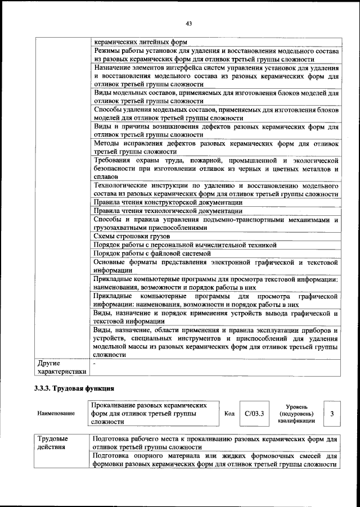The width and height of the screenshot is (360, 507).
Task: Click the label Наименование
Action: (56, 414)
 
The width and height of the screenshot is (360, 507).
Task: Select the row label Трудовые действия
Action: (53, 442)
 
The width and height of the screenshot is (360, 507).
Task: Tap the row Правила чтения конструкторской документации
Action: (168, 202)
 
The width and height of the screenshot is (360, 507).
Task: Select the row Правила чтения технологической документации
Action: (167, 211)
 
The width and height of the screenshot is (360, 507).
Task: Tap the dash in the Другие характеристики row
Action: (94, 364)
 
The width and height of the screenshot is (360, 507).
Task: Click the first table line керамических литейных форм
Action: (141, 42)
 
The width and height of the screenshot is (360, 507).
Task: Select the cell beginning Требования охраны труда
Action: (215, 168)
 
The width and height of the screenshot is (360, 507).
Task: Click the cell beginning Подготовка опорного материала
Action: (215, 460)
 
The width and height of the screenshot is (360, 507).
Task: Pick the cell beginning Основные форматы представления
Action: (215, 266)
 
